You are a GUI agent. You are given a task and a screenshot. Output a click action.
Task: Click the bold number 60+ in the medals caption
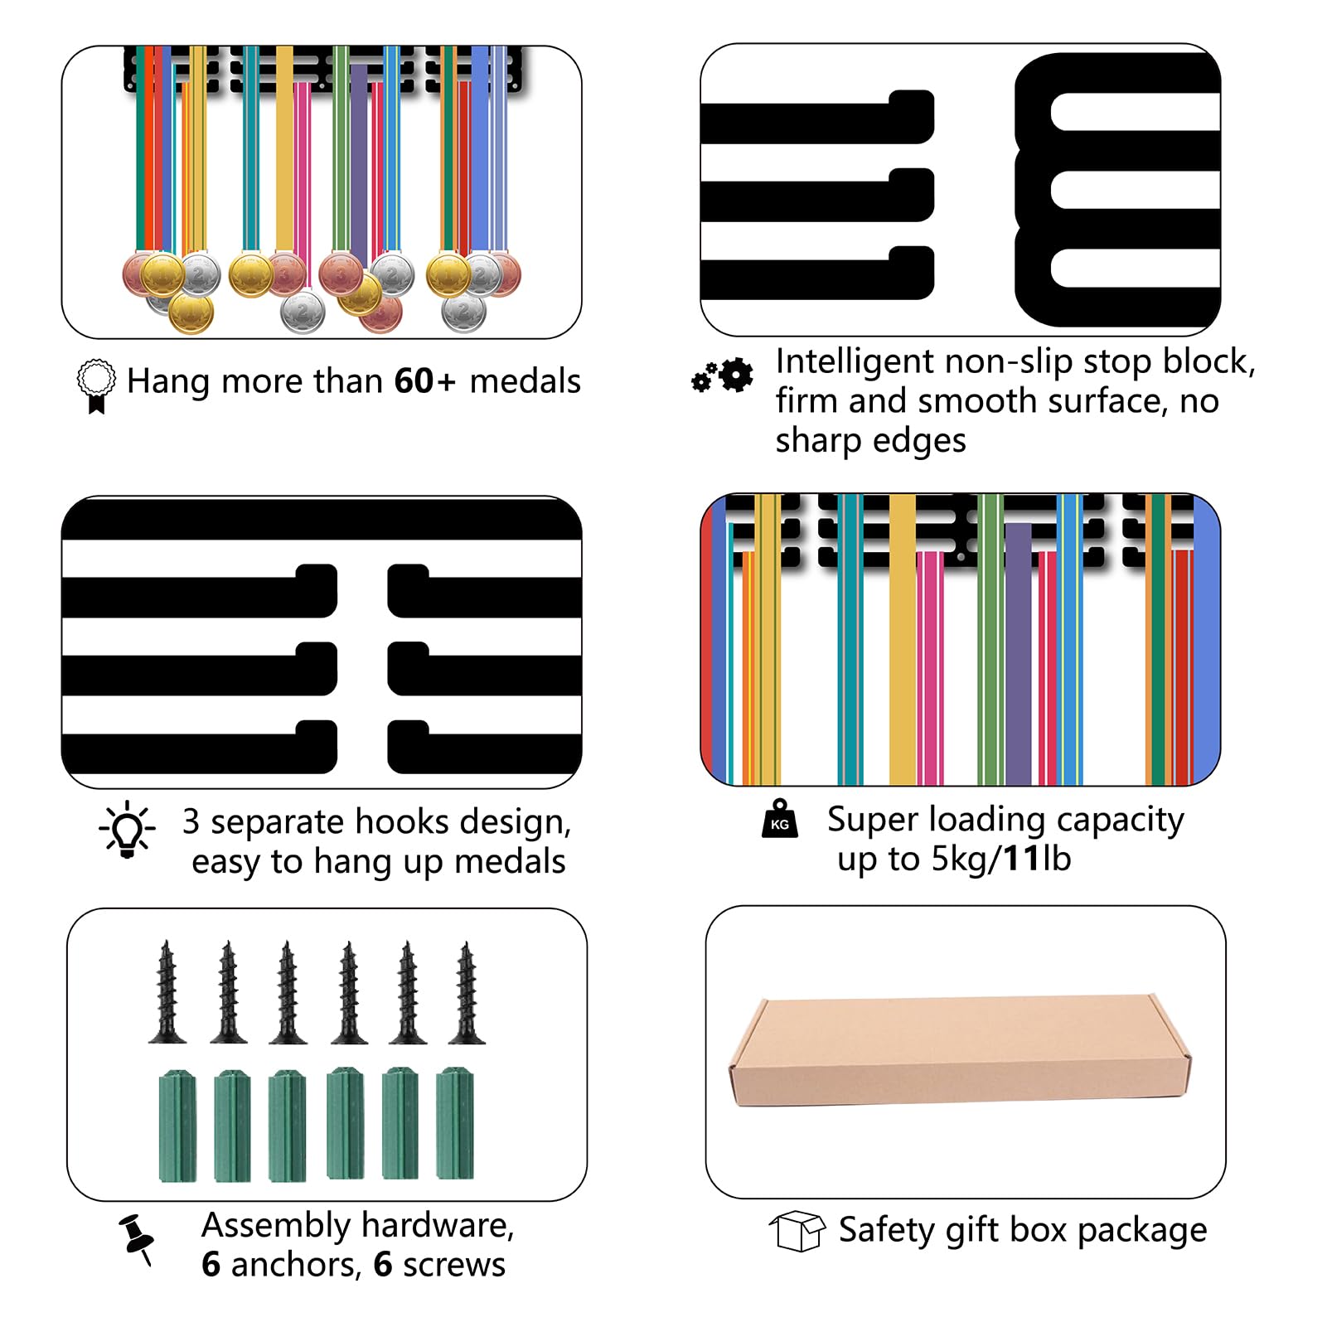(424, 381)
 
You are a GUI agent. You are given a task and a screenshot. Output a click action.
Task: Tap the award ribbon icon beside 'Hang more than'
(96, 386)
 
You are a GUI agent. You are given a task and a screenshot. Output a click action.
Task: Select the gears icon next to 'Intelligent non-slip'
(723, 376)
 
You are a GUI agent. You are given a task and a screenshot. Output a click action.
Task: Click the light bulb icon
(127, 829)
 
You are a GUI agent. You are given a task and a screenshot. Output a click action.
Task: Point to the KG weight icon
(780, 819)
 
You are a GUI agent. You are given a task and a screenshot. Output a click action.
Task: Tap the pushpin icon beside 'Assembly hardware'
(137, 1240)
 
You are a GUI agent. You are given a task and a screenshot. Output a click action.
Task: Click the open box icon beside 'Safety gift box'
(797, 1231)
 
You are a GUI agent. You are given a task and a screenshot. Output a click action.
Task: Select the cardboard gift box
(960, 1051)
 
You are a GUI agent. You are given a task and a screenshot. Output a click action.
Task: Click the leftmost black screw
(167, 992)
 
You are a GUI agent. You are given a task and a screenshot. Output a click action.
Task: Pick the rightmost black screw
(467, 992)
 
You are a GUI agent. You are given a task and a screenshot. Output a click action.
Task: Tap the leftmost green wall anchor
(177, 1126)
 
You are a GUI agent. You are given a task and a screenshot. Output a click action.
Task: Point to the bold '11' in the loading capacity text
(1021, 860)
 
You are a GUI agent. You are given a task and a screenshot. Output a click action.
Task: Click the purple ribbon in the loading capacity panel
(1019, 654)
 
